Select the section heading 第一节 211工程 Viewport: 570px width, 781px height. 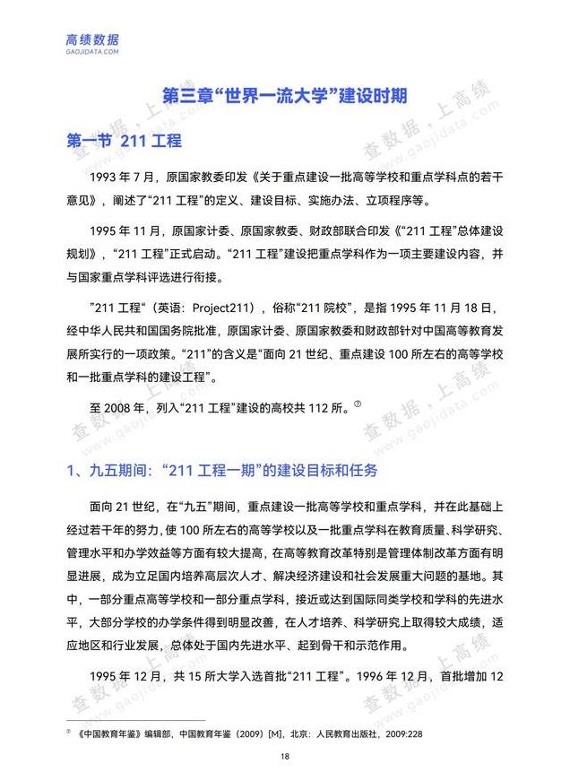pyautogui.click(x=125, y=141)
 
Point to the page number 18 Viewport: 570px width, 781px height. pyautogui.click(x=284, y=757)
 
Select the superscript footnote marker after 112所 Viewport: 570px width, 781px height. pyautogui.click(x=356, y=403)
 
